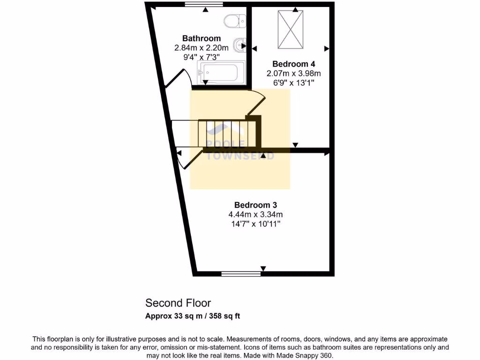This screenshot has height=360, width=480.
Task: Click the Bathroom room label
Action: [201, 38]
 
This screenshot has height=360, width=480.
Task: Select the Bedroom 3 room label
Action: [255, 205]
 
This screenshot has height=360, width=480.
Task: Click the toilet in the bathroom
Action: [235, 21]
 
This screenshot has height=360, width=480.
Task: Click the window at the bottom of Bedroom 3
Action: [241, 273]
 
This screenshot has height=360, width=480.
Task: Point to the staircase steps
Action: [227, 134]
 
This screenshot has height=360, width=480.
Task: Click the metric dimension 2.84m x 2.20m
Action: [201, 48]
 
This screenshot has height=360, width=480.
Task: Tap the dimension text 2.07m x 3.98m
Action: [293, 73]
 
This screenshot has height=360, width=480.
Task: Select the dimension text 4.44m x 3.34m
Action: [255, 215]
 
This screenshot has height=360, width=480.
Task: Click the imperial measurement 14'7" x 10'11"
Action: [255, 224]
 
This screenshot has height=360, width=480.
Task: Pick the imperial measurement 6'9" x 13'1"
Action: [293, 82]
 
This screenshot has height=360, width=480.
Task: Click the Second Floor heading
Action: [178, 303]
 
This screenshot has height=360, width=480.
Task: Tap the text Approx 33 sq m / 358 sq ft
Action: [193, 316]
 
